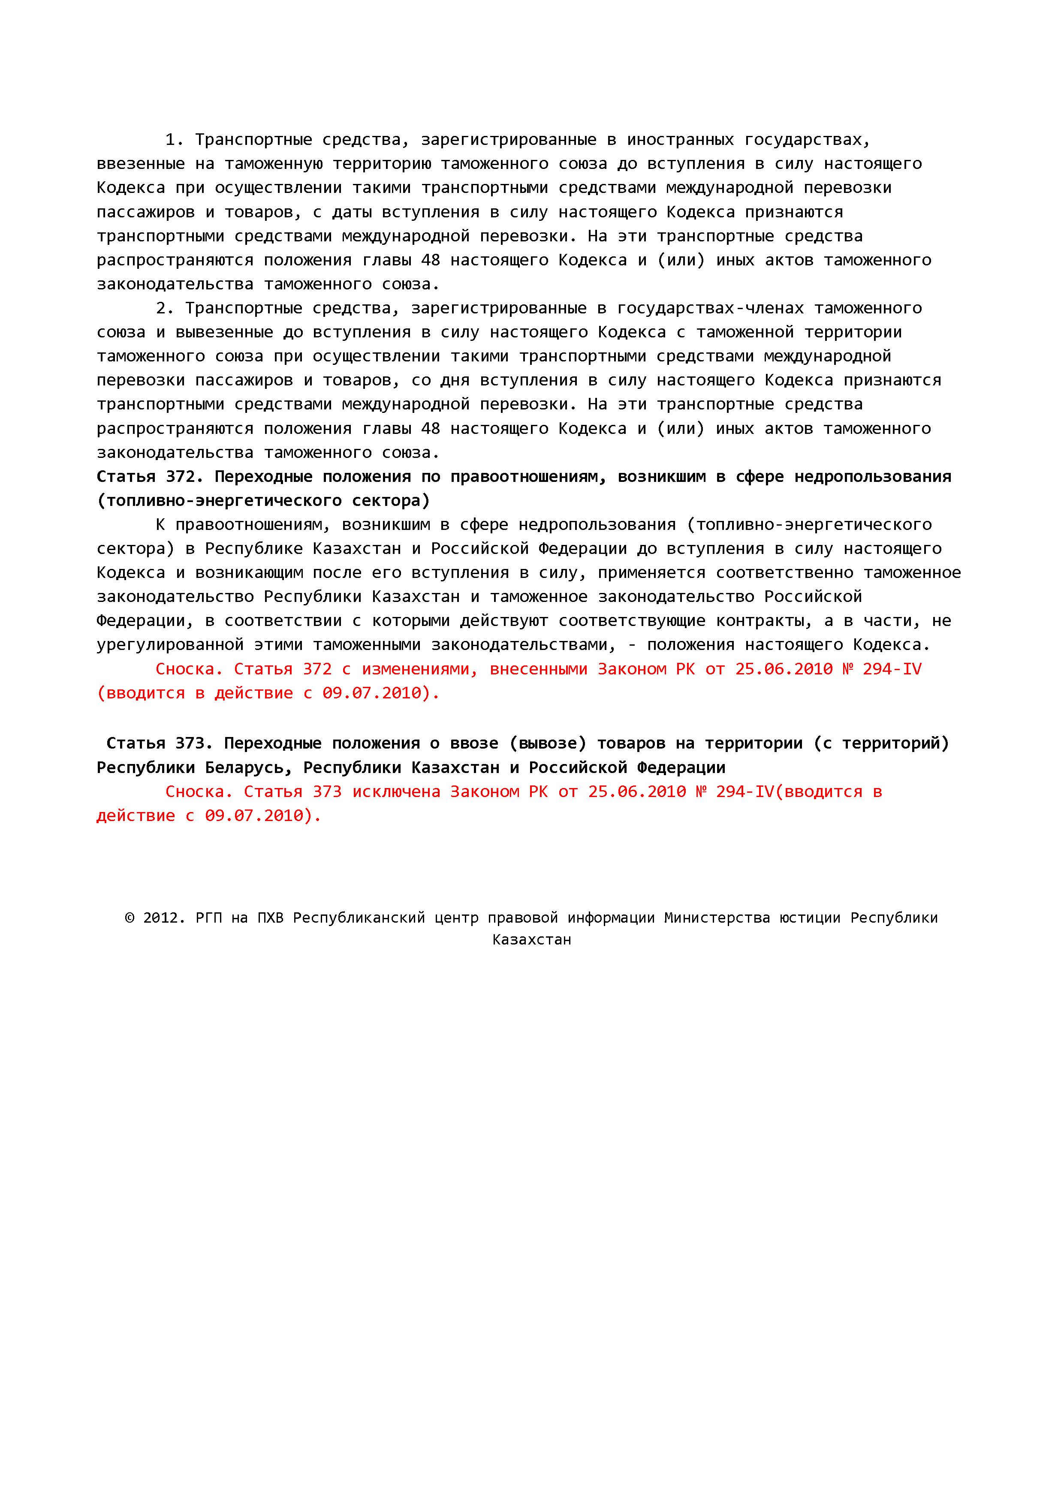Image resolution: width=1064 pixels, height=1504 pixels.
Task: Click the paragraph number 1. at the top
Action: click(x=175, y=139)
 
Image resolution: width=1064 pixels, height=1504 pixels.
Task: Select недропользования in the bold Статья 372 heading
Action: click(x=873, y=476)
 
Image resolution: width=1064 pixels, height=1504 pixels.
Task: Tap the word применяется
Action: click(x=651, y=572)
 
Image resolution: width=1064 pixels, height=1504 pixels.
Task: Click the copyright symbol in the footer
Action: click(x=129, y=918)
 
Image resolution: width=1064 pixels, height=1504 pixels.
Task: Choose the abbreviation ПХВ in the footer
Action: click(x=270, y=918)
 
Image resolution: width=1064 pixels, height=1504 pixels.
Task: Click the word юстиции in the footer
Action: click(x=810, y=918)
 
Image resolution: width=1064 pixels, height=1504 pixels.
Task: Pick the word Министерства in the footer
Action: click(x=717, y=918)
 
